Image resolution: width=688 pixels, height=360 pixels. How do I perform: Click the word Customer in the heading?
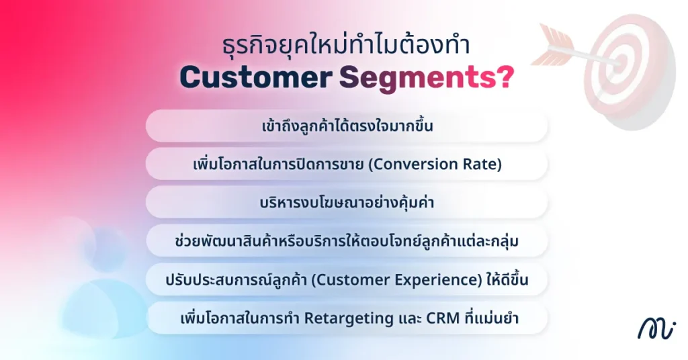pyautogui.click(x=256, y=78)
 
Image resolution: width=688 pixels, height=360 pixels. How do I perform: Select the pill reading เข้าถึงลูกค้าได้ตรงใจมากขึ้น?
pyautogui.click(x=347, y=126)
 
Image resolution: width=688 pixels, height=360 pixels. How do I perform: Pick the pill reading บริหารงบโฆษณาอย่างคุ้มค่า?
pyautogui.click(x=347, y=203)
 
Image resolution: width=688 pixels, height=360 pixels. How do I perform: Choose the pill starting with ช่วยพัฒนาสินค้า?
pyautogui.click(x=347, y=241)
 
